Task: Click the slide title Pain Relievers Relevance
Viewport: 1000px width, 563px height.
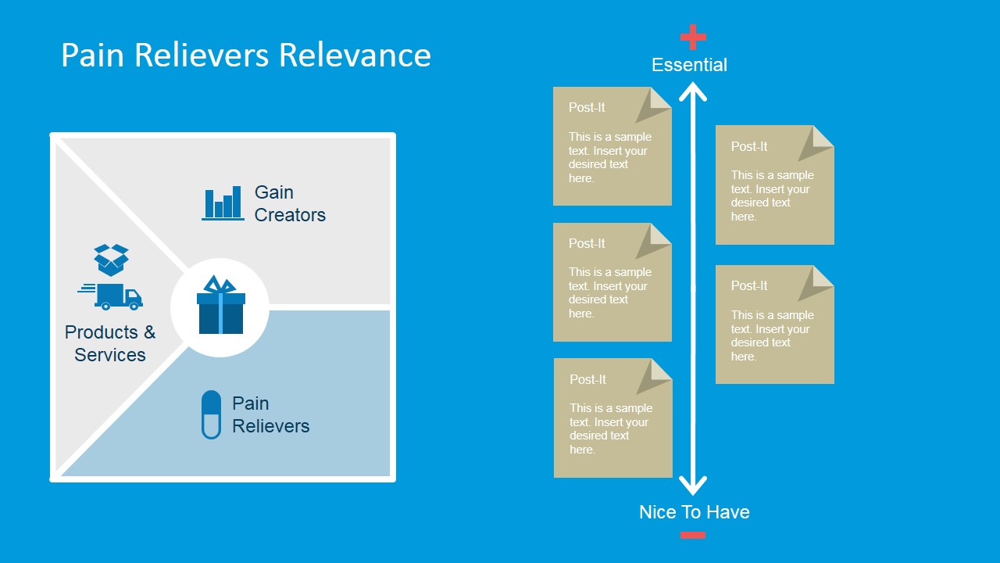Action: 245,56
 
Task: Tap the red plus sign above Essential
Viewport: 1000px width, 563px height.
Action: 693,36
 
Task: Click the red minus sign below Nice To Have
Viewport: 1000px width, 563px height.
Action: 693,535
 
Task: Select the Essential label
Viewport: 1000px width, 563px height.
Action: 689,65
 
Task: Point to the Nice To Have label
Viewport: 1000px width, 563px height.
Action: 694,512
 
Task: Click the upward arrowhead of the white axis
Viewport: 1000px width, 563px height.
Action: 693,92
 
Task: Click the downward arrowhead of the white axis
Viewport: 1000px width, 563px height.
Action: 693,486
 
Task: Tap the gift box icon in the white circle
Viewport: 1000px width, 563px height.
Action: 220,306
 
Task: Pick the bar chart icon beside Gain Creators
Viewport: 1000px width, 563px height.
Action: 223,203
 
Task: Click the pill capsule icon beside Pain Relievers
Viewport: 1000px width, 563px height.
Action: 211,414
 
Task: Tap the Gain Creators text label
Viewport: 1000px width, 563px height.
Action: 289,203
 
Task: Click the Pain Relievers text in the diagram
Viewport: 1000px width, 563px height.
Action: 270,414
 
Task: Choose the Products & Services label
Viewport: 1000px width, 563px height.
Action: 110,343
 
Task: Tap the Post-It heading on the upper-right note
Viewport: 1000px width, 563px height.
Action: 749,146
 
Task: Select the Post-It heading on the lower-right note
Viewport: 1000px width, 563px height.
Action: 749,285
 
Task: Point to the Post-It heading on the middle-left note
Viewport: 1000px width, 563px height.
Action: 587,243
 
